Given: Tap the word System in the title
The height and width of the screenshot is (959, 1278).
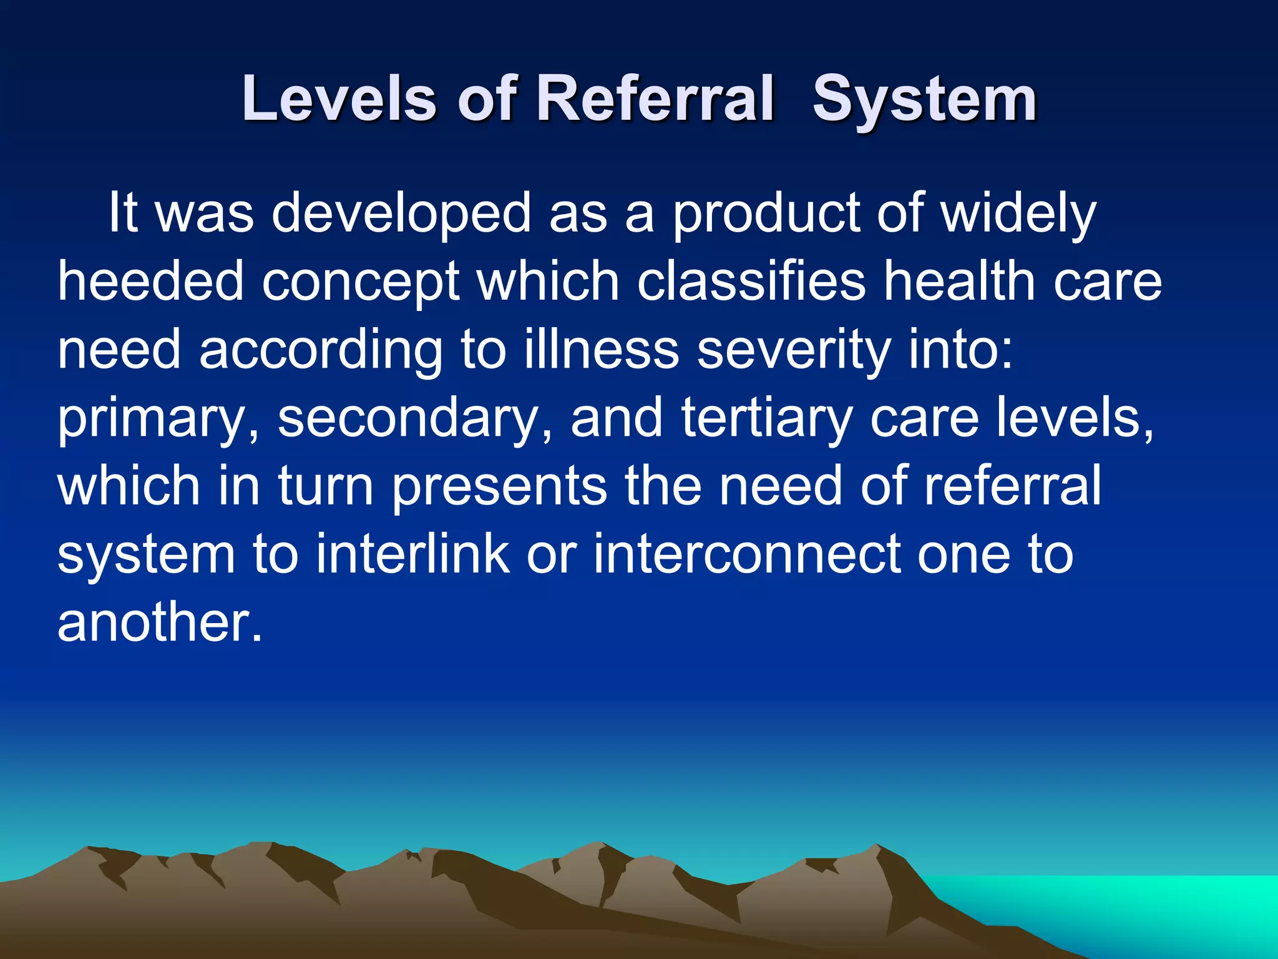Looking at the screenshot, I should [x=924, y=99].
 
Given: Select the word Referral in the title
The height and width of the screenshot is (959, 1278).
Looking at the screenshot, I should [x=655, y=99].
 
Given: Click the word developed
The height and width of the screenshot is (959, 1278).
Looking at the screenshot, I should [x=401, y=214].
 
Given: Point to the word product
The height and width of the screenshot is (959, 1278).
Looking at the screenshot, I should [x=766, y=214].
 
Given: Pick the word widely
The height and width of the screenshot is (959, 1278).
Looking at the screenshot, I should [x=1018, y=214].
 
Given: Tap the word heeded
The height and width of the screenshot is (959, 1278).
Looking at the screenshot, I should [x=150, y=282].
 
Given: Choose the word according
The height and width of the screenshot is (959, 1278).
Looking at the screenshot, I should [x=321, y=350].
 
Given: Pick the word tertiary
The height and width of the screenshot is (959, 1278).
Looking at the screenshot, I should [x=766, y=418].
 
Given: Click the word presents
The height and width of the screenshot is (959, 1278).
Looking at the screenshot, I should [x=499, y=486].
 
